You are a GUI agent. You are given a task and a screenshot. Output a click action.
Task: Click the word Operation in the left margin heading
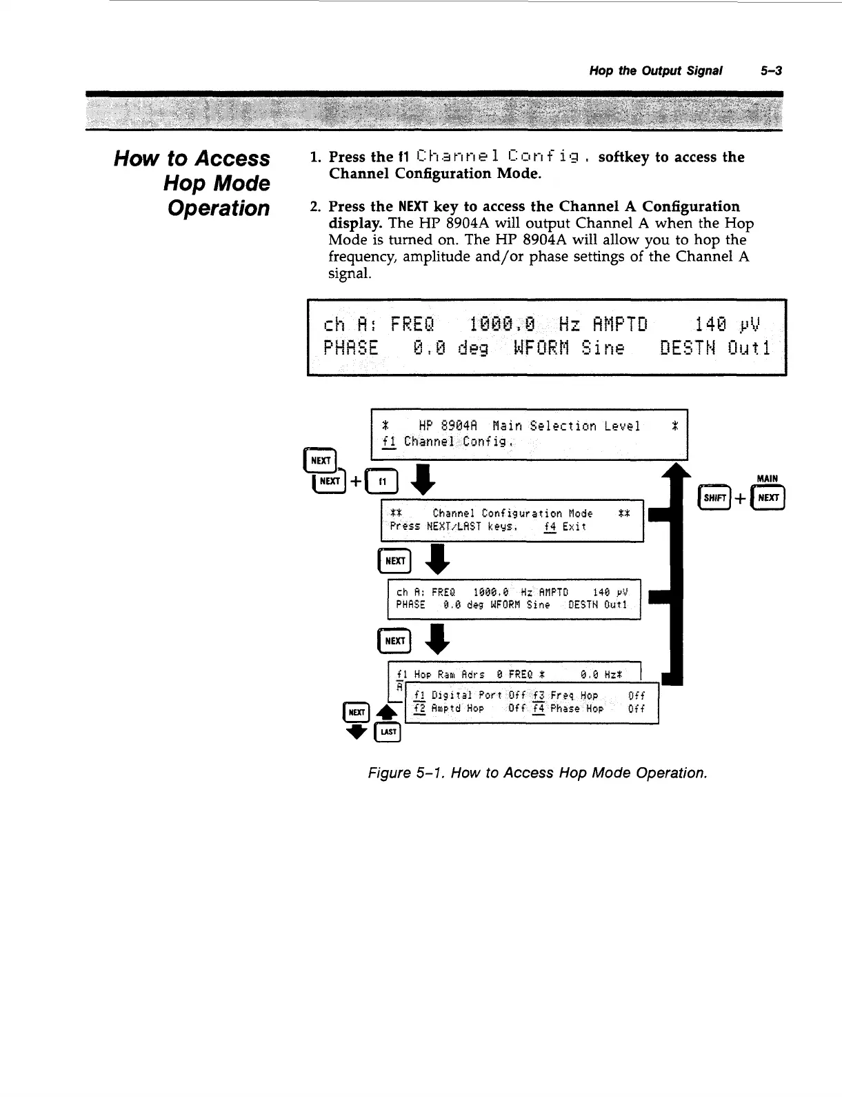coord(219,208)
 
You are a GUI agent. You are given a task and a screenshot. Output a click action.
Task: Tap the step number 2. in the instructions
coord(317,207)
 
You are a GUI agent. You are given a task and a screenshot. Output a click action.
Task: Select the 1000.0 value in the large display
coord(501,323)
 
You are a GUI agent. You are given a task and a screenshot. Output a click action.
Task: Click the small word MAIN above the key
coord(767,478)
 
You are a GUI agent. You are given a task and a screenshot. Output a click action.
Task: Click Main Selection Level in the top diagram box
coord(566,426)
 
